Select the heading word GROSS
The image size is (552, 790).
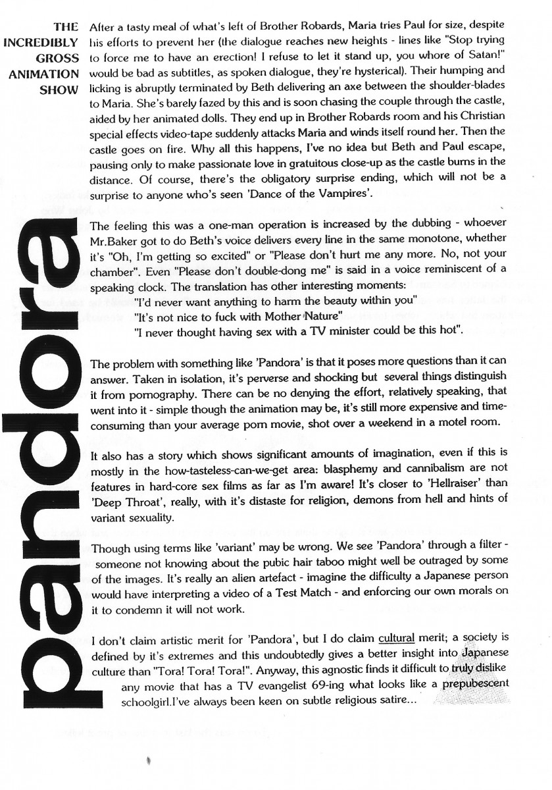59,57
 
